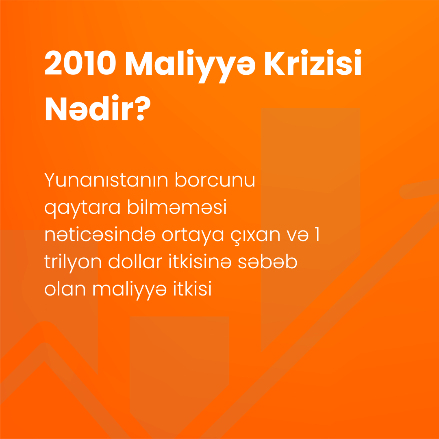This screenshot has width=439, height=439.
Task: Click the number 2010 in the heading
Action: click(x=80, y=63)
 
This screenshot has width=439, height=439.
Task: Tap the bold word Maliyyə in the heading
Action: click(x=190, y=66)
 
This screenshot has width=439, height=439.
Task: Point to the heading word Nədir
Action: click(x=89, y=108)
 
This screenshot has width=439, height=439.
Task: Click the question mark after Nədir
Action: click(x=143, y=108)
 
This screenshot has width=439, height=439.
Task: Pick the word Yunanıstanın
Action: click(x=106, y=180)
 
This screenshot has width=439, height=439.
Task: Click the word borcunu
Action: click(x=215, y=180)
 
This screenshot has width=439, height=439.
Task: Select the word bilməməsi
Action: click(x=177, y=206)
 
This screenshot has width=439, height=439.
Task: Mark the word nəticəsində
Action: click(x=100, y=235)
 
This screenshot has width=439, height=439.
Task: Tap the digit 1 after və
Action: click(x=317, y=235)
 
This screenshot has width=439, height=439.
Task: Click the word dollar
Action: click(x=135, y=261)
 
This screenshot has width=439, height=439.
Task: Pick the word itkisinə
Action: click(x=200, y=261)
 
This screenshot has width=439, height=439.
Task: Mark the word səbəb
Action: click(x=267, y=261)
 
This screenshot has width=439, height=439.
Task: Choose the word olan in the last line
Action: click(x=65, y=289)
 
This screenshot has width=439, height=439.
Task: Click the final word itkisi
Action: click(x=192, y=289)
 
